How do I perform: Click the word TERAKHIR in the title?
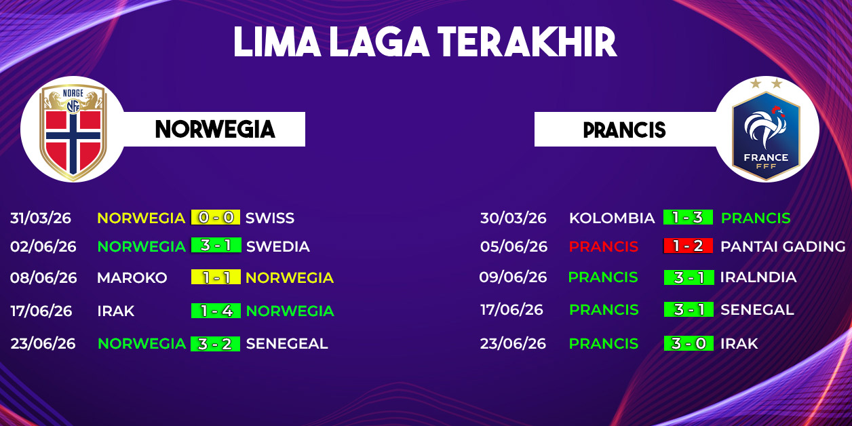click(527, 42)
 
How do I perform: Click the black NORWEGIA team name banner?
click(215, 130)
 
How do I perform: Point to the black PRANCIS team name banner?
click(625, 130)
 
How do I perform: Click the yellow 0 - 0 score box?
click(216, 217)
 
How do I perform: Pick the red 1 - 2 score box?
click(688, 246)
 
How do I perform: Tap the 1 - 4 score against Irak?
click(216, 311)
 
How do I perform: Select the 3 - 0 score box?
click(689, 343)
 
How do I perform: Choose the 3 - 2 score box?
click(215, 344)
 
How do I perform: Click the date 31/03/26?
click(41, 218)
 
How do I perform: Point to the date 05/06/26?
click(514, 246)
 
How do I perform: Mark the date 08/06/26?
click(43, 277)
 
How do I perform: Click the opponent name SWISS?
click(270, 218)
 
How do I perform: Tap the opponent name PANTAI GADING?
click(783, 246)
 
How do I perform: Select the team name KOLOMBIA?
click(612, 218)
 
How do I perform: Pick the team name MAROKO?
click(132, 277)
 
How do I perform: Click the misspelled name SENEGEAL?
click(287, 343)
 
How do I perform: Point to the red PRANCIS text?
click(604, 246)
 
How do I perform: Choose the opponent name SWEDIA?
click(278, 246)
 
